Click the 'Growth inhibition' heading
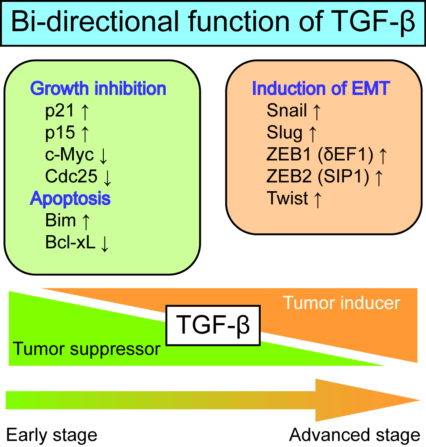98,88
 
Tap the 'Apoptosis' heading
70,199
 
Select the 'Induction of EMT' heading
321,88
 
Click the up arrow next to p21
85,112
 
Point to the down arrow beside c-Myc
103,156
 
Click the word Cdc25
71,176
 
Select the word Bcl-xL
70,243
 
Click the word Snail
287,110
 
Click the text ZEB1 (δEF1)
320,155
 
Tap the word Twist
288,198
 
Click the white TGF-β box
213,325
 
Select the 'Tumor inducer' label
341,303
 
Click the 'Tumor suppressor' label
87,349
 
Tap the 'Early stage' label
51,435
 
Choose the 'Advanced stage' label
354,435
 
